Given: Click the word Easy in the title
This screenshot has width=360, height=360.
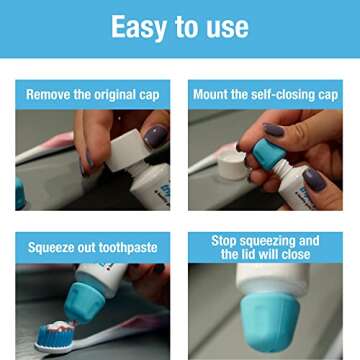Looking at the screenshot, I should coord(138,27).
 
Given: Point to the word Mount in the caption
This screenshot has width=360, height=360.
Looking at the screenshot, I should coord(212,95).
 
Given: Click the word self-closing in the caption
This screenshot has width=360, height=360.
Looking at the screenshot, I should coord(285,95).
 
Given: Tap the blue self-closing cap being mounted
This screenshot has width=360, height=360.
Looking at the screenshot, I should coord(268,156).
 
